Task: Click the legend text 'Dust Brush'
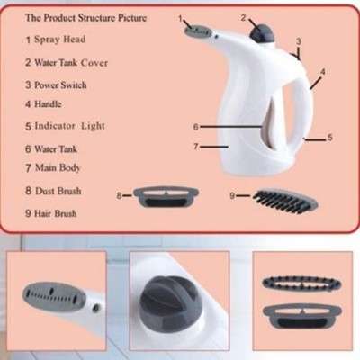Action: coord(62,191)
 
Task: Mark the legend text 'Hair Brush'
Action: coord(62,213)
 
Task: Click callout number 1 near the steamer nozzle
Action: coord(179,17)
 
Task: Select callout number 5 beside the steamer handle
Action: coord(330,138)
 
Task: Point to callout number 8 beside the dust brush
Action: coord(119,193)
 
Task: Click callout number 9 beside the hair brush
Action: coord(231,194)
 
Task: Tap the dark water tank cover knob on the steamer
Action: coord(263,34)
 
